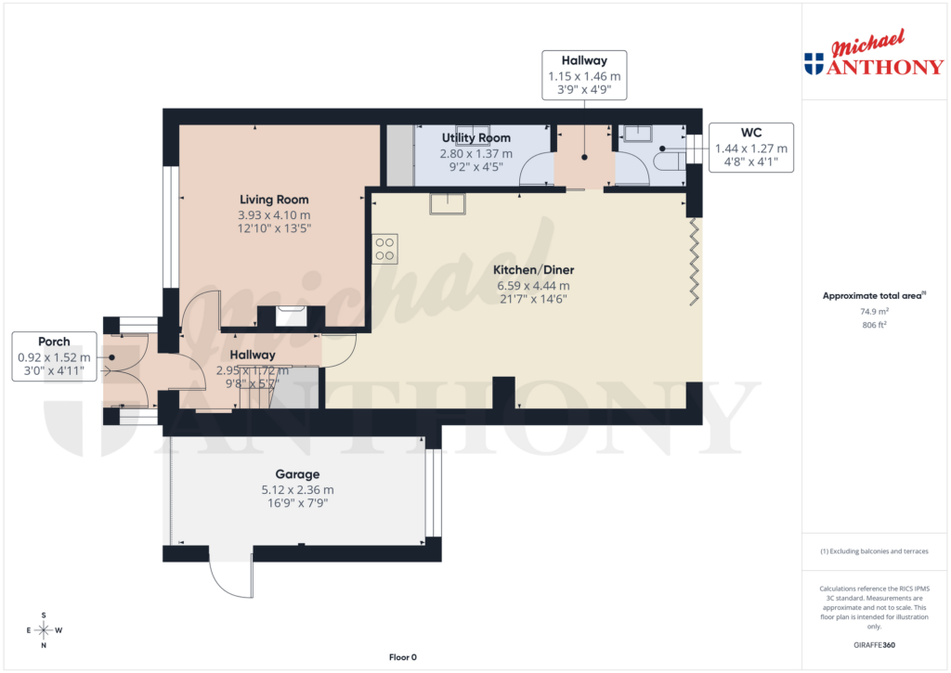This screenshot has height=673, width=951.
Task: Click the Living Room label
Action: pos(274,200)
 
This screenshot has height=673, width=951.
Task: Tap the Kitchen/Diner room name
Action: pos(533,270)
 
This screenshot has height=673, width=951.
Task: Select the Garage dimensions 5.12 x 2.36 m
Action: pos(297,489)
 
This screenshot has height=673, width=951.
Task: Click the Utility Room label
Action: pos(475,138)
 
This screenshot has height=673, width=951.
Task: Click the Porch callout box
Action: pos(54,356)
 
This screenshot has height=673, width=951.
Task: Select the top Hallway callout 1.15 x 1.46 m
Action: pos(584,75)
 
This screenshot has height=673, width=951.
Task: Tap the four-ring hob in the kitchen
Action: pos(384,249)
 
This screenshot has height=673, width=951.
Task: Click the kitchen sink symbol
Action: pos(449,203)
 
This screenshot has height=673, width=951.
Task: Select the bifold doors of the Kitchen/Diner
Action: pos(694,260)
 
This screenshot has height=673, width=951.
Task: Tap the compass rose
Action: pos(44,630)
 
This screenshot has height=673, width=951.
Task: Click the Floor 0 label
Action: pos(403,657)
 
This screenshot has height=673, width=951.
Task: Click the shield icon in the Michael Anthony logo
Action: pos(814,64)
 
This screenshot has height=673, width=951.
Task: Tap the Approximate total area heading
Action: pos(874,296)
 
